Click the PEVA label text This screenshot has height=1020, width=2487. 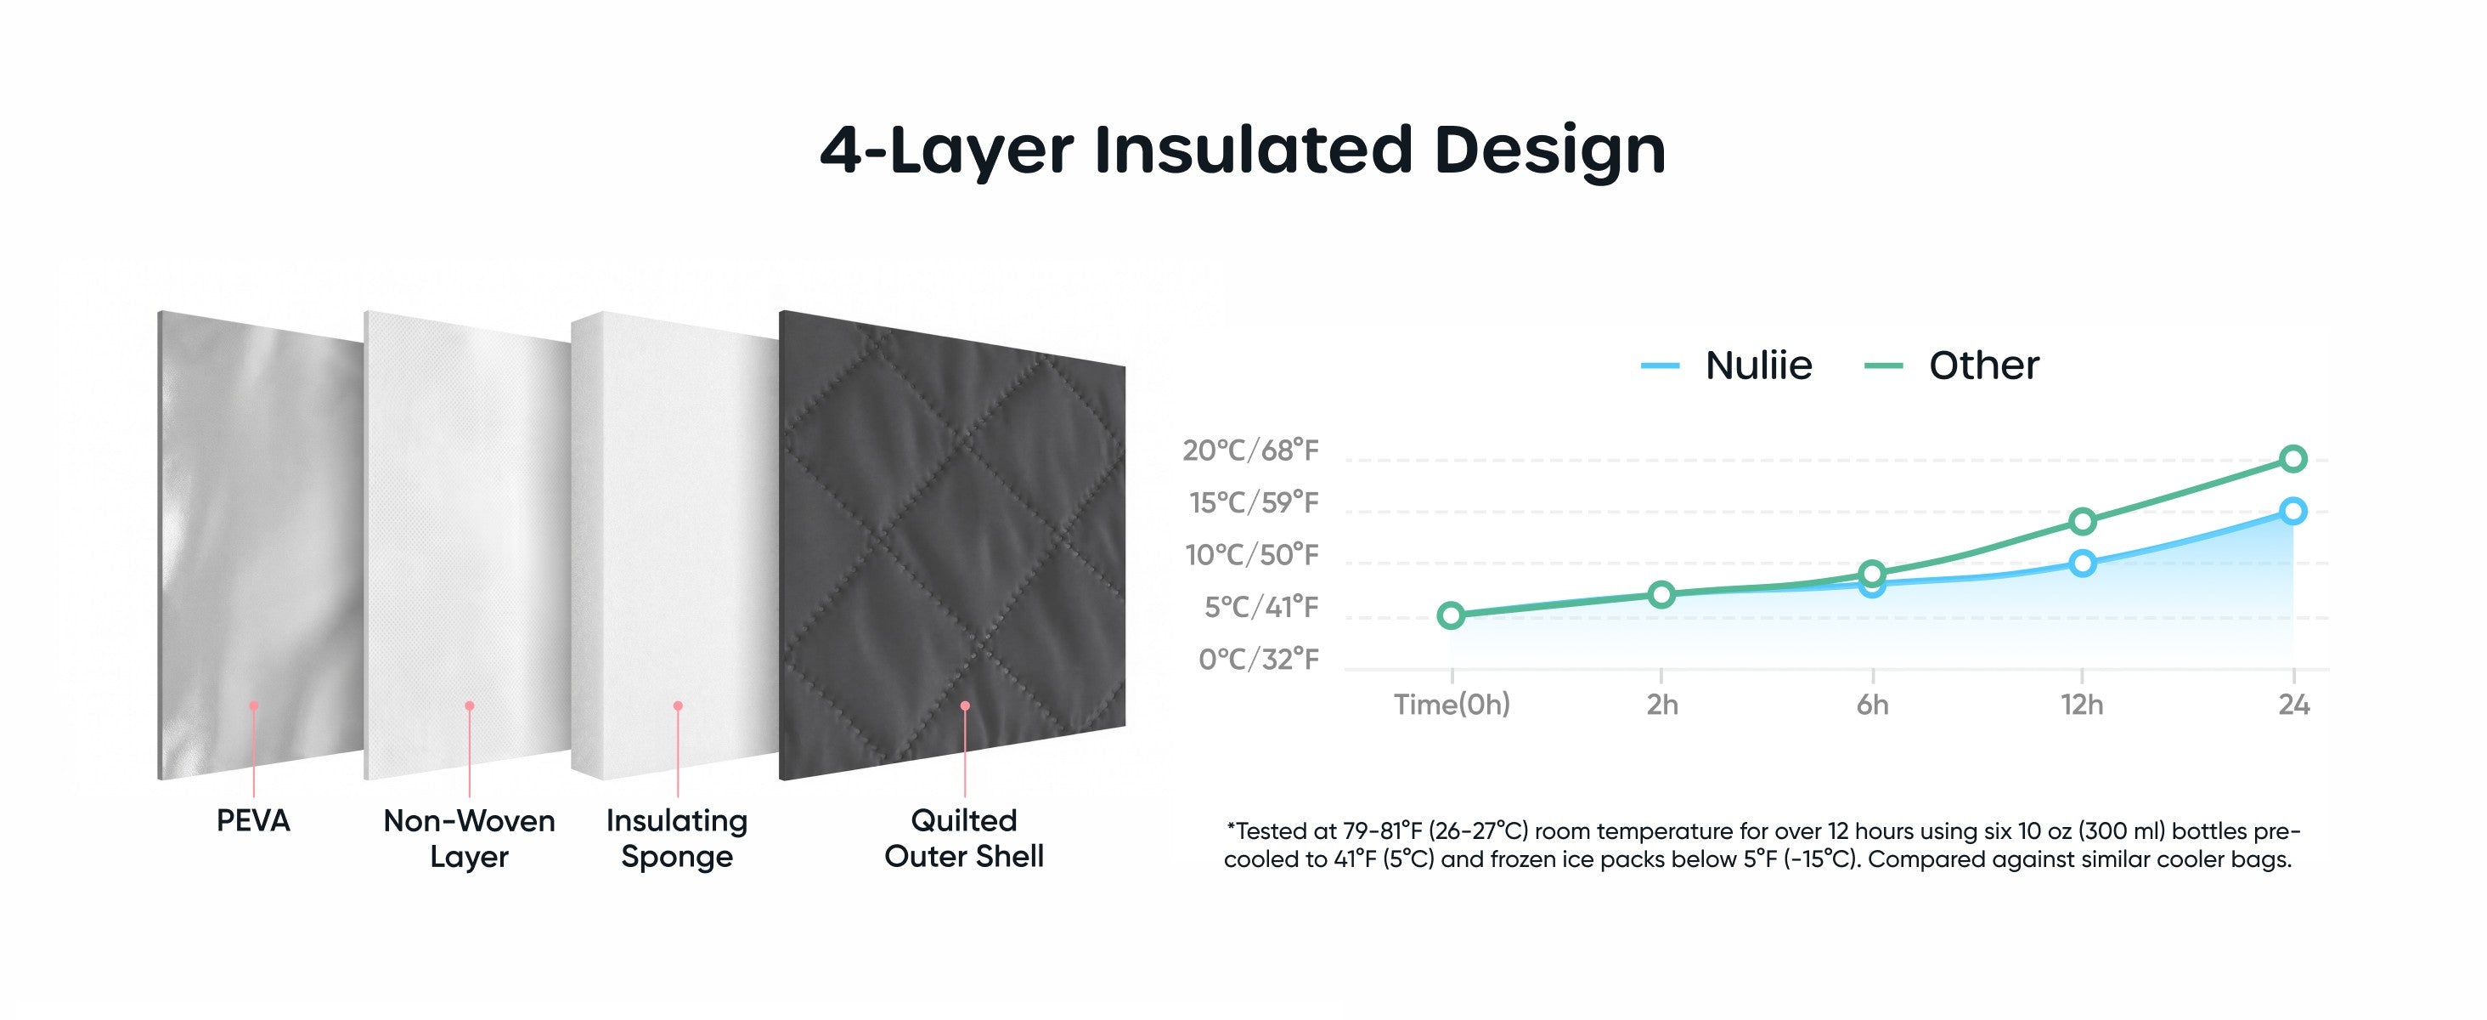253,821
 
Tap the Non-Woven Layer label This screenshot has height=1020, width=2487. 469,838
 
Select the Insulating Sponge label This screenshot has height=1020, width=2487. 677,838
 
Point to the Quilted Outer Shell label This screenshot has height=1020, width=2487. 963,838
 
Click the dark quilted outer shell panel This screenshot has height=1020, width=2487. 952,546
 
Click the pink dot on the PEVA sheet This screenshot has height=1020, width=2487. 254,706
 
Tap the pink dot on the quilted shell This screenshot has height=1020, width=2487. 965,706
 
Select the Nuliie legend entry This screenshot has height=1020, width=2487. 1726,365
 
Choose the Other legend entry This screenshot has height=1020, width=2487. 1950,365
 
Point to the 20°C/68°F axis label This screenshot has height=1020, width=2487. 1250,450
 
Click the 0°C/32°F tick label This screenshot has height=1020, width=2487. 1258,659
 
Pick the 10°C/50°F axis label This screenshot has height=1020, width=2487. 1251,554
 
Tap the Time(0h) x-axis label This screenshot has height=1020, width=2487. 1451,704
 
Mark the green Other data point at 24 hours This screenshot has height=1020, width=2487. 2294,459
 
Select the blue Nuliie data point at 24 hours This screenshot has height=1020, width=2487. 2294,511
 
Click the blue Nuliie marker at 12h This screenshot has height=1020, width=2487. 2083,563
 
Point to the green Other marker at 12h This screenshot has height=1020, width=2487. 2083,522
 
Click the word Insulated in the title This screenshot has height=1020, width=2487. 1253,150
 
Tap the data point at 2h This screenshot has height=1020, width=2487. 1661,594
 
